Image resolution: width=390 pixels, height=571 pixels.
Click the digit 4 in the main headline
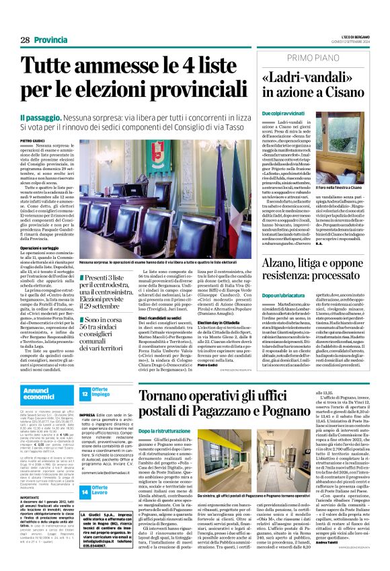tap(195, 66)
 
